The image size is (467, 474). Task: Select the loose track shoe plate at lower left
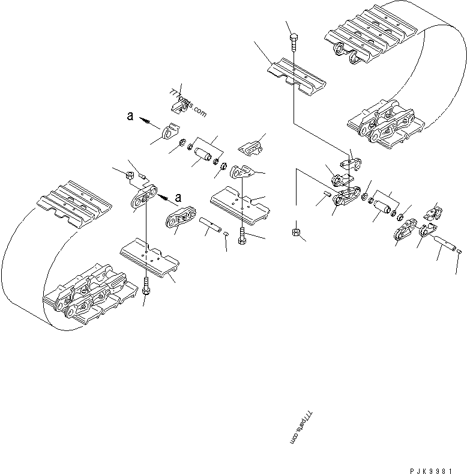pos(149,259)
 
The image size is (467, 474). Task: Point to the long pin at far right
pos(442,246)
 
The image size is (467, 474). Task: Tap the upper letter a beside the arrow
pos(130,117)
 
